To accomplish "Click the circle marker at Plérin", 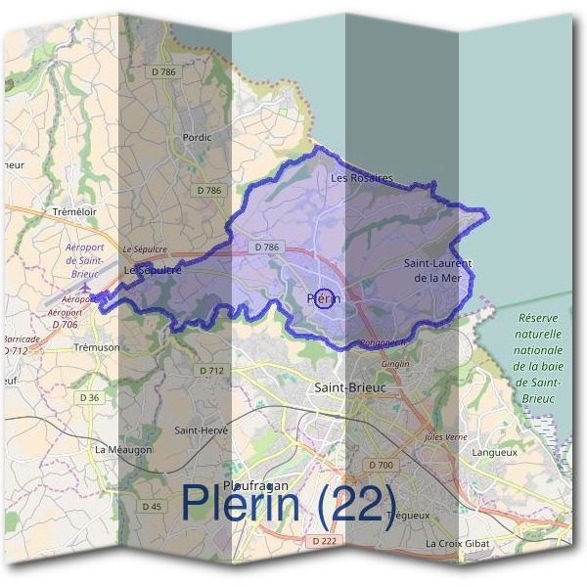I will click(324, 299).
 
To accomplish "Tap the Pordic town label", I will click(197, 138).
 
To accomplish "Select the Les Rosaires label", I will click(361, 178).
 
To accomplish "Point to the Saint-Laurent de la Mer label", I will click(437, 271).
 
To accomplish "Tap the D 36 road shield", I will click(88, 397).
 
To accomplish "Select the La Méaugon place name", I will click(123, 449).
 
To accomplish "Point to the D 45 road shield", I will click(152, 506).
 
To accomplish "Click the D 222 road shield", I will click(325, 541).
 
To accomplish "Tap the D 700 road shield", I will click(381, 464).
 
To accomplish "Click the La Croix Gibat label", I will click(457, 542).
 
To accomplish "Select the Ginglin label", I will click(396, 364).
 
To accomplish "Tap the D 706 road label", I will click(66, 324).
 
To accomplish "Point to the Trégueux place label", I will click(409, 515).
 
